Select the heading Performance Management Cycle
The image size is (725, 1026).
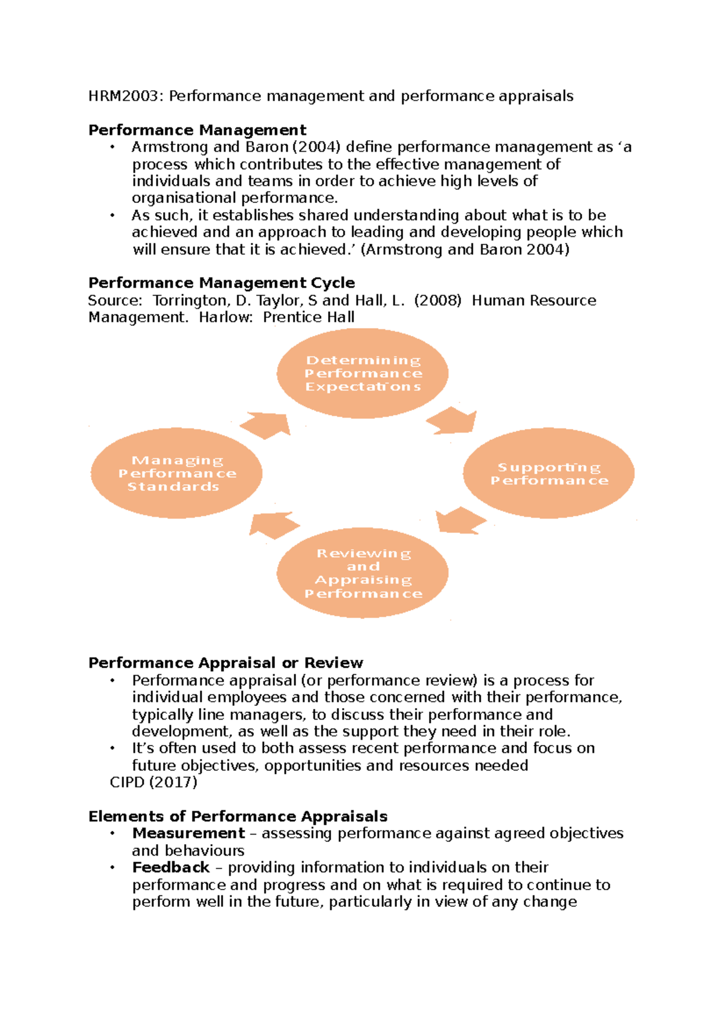(221, 283)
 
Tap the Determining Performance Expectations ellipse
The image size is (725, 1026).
(362, 373)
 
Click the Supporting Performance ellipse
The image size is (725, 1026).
(549, 474)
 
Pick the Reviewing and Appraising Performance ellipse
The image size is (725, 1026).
(362, 573)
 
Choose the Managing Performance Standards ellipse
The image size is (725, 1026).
(176, 473)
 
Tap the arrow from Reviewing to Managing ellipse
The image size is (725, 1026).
(272, 524)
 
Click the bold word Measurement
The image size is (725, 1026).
(188, 833)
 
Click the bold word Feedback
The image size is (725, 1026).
(170, 868)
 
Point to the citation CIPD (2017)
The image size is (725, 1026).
(153, 782)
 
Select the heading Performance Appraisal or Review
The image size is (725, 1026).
(225, 663)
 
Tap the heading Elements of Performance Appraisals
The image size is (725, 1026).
(237, 816)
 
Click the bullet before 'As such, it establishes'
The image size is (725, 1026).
(112, 216)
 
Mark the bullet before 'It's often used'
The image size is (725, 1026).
(112, 749)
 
